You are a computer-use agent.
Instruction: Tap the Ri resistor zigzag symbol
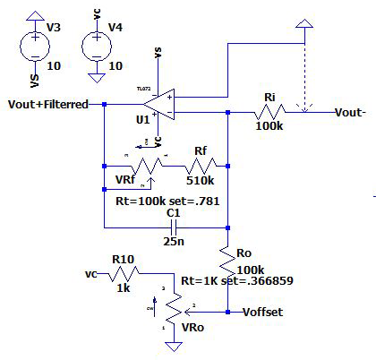click(x=268, y=113)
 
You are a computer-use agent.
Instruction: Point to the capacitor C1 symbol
click(x=174, y=227)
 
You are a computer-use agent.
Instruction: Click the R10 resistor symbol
click(x=123, y=273)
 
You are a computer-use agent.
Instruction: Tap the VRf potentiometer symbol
click(x=142, y=166)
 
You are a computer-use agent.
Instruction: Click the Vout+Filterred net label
click(x=47, y=104)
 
